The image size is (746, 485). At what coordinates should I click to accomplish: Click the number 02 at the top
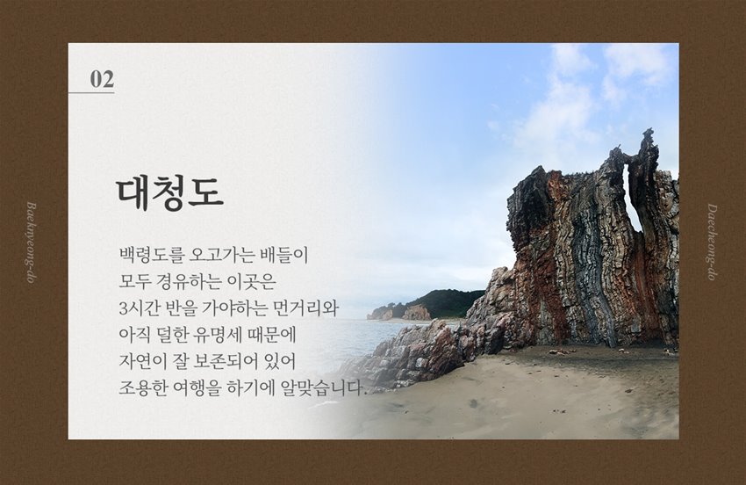click(102, 78)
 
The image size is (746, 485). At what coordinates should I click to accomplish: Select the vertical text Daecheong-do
click(713, 242)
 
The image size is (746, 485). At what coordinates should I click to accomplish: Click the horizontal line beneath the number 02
click(91, 92)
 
